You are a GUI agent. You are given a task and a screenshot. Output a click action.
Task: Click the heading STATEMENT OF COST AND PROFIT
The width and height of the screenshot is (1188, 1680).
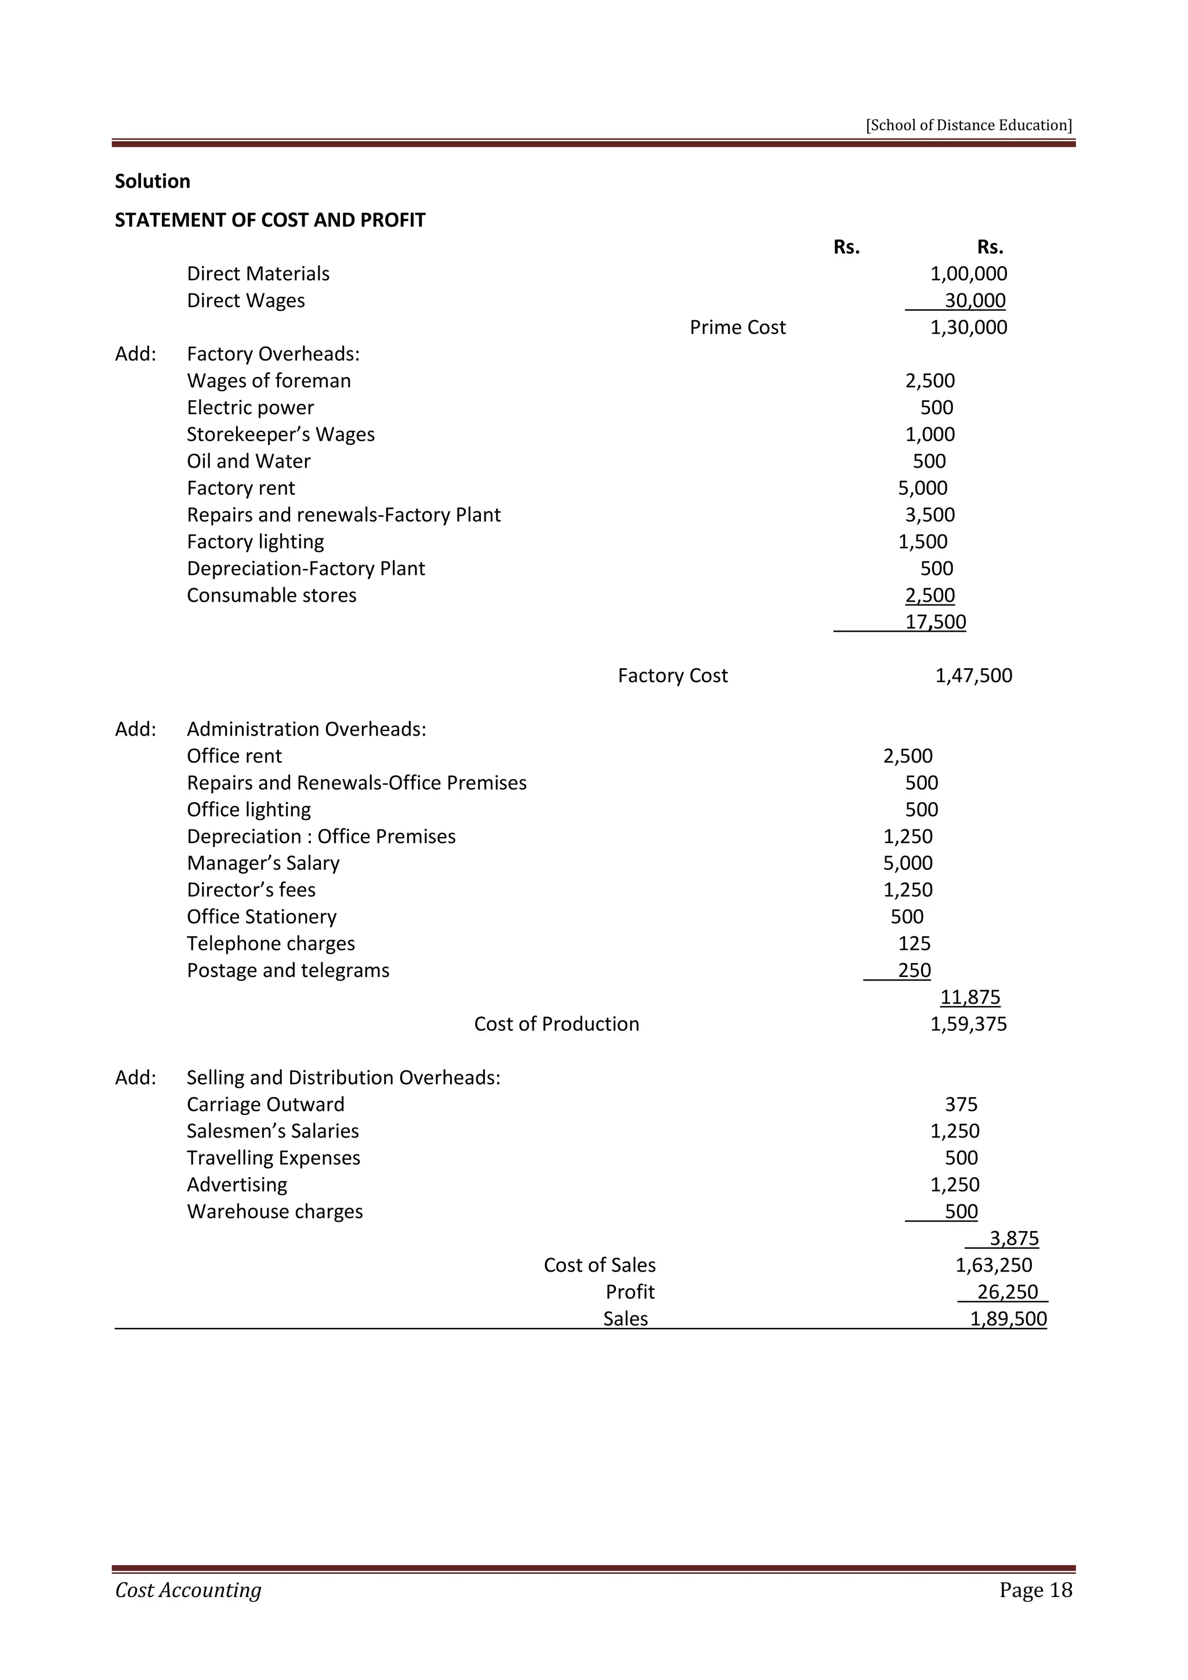(270, 220)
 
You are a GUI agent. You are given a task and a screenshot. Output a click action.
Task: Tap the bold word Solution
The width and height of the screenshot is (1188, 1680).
(152, 182)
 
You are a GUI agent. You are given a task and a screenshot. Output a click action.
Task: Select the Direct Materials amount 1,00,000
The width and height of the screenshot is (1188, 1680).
(968, 274)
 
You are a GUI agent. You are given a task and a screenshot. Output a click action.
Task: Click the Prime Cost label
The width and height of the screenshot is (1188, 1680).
(737, 327)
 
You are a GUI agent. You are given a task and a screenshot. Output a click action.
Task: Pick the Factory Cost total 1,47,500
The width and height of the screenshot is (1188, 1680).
(973, 675)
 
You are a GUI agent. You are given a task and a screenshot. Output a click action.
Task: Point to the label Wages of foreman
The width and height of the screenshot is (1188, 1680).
(269, 381)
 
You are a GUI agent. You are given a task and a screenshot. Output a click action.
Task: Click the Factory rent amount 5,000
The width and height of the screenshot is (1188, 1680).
(922, 488)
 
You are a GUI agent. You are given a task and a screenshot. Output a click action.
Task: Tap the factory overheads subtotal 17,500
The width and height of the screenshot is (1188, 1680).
(935, 622)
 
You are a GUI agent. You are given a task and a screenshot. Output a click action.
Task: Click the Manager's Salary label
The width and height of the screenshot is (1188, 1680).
(263, 863)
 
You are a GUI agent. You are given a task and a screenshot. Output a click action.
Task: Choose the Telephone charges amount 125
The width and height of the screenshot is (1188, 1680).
(914, 944)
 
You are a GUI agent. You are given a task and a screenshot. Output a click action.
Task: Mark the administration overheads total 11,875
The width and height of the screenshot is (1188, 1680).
(970, 997)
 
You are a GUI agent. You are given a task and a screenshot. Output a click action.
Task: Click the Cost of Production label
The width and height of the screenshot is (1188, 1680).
(556, 1024)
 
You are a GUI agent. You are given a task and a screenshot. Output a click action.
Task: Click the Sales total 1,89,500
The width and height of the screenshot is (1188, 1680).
(1008, 1319)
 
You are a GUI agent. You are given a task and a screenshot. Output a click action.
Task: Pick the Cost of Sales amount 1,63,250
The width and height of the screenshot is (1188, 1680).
(994, 1265)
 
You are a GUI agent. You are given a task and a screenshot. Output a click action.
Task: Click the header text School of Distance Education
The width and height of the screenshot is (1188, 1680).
(969, 125)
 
